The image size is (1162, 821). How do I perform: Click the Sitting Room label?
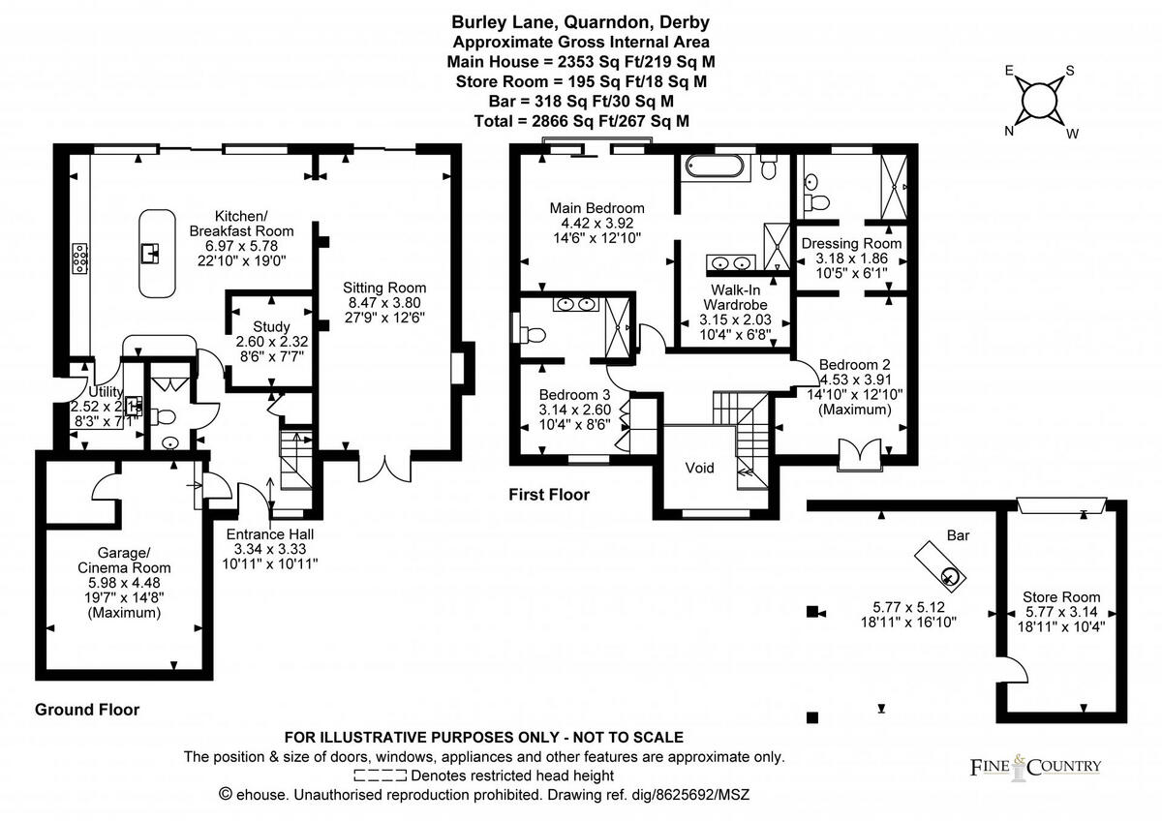[x=386, y=288]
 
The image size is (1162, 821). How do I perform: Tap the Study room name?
[x=271, y=327]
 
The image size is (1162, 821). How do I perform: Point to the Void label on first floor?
[x=699, y=469]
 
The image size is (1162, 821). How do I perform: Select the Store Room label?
[x=1061, y=597]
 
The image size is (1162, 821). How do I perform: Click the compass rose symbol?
[x=1040, y=100]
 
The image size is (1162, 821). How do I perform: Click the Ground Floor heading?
[x=87, y=710]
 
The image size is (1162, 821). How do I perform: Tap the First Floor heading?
[x=549, y=495]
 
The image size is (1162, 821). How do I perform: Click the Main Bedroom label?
[x=596, y=208]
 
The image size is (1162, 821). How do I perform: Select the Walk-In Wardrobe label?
[x=734, y=296]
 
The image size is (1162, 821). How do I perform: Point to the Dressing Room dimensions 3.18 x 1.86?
[x=851, y=258]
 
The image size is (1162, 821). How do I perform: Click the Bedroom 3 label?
[x=574, y=395]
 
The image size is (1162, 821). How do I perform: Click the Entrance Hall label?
[x=270, y=534]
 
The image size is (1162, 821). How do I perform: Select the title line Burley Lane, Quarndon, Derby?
[x=581, y=22]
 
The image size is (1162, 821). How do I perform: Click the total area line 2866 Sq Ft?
[x=581, y=121]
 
